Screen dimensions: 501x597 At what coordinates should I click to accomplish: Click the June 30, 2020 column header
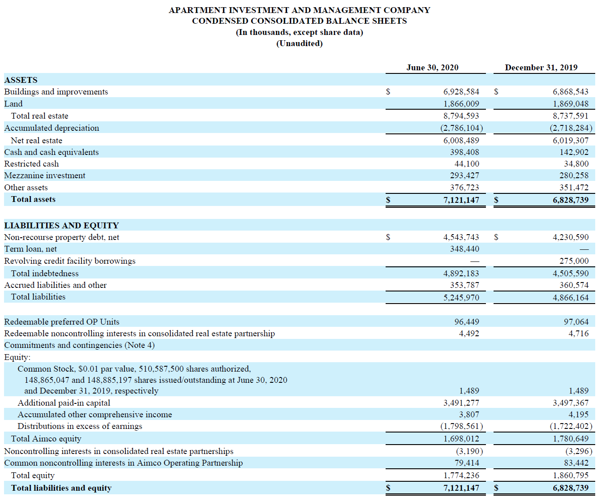click(x=432, y=68)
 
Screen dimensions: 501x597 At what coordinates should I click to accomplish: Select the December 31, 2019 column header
click(x=541, y=68)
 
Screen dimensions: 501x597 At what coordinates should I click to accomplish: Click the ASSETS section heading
click(x=21, y=80)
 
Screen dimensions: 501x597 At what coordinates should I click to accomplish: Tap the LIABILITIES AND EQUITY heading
click(x=61, y=226)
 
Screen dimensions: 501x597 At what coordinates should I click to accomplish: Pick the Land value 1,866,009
click(x=461, y=104)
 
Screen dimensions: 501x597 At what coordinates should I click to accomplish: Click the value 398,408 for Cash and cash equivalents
click(x=464, y=152)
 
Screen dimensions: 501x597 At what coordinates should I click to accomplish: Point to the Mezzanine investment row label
click(x=45, y=176)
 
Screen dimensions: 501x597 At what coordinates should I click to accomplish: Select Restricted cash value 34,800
click(x=576, y=164)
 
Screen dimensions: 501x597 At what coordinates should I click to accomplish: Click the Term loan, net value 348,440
click(x=464, y=249)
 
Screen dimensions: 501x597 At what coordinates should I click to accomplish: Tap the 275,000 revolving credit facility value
click(x=574, y=261)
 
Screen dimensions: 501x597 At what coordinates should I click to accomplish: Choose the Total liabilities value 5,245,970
click(x=461, y=298)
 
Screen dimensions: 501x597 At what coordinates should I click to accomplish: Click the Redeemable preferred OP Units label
click(x=62, y=322)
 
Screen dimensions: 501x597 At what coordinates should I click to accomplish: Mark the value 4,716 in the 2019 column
click(x=578, y=334)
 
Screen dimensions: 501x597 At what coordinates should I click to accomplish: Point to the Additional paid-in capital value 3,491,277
click(x=461, y=403)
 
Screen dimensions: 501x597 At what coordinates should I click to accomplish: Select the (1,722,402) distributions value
click(x=571, y=426)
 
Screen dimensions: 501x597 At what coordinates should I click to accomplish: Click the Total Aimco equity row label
click(x=46, y=439)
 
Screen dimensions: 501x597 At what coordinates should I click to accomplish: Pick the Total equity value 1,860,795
click(x=571, y=475)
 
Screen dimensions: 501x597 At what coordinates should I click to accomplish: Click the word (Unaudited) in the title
click(x=299, y=43)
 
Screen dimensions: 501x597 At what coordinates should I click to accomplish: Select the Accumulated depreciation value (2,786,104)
click(x=461, y=128)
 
